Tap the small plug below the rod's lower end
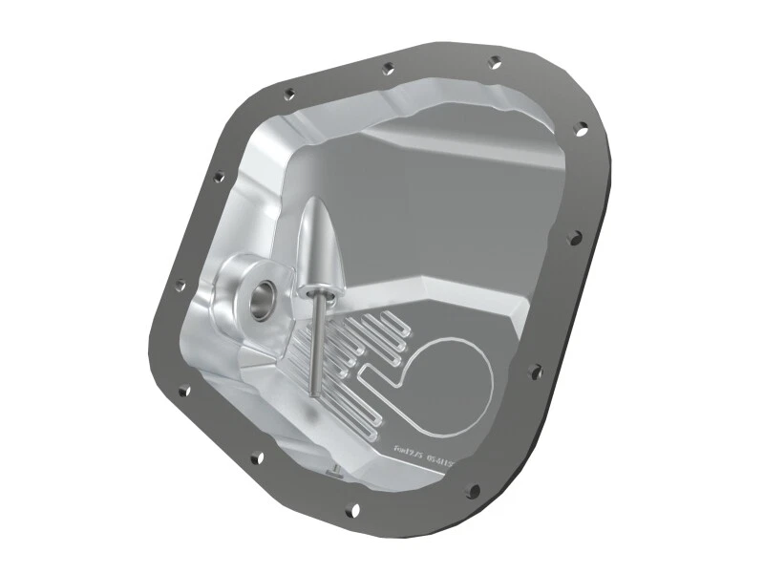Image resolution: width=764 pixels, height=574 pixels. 331,468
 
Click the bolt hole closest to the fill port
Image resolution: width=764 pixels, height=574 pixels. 180,284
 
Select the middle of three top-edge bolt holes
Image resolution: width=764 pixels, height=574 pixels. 387,69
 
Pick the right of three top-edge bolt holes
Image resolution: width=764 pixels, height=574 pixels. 494,62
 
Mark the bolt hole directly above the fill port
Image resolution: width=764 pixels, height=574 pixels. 219,177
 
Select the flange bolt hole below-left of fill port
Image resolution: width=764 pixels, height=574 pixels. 183,389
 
